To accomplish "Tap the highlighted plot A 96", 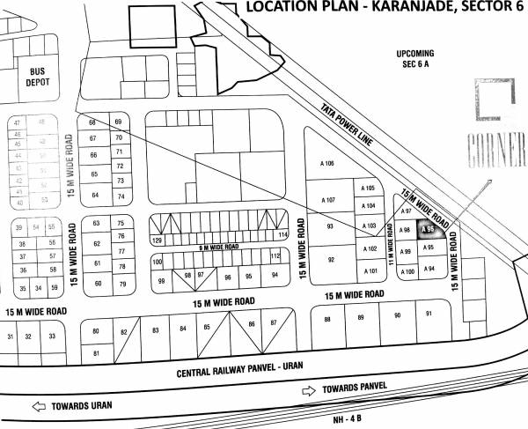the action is [x=429, y=231].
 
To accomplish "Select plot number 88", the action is [x=327, y=318].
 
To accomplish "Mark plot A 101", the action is [x=371, y=270].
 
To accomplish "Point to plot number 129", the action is [x=158, y=240].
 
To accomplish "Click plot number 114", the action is [x=282, y=235].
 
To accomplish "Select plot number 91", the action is [x=429, y=314].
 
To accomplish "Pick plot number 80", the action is [x=95, y=331].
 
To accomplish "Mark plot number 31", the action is [x=11, y=337].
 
